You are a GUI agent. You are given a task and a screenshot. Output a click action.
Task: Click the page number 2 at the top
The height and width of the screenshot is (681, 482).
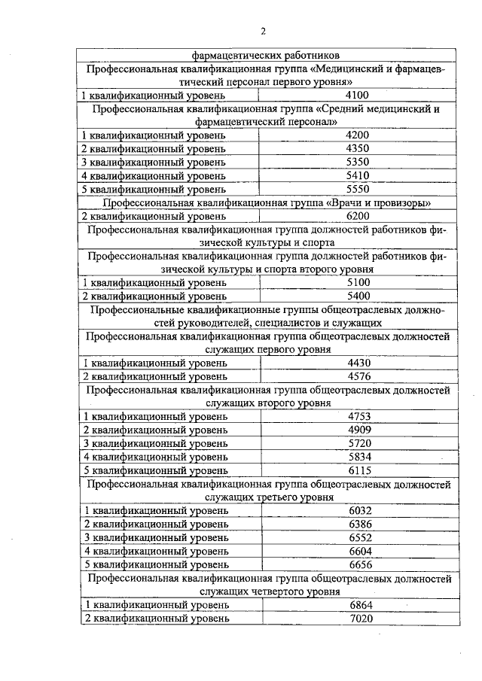point(264,31)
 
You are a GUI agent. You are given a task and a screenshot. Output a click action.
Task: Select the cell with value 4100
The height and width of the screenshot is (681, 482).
point(356,95)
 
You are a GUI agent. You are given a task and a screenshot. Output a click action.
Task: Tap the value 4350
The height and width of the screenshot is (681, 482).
point(356,148)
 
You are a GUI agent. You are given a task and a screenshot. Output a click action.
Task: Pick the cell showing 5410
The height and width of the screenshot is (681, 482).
point(356,175)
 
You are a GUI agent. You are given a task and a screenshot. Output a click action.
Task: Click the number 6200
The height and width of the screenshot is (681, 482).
point(356,216)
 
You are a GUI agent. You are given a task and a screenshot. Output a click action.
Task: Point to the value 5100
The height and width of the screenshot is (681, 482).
point(356,282)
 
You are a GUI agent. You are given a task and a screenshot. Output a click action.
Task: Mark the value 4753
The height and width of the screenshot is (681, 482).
point(361,416)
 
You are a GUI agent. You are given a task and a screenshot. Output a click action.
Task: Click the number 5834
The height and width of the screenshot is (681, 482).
point(361,456)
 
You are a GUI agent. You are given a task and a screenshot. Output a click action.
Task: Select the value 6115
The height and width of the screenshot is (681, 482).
point(361,470)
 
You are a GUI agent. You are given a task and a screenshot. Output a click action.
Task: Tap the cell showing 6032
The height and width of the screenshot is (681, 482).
point(362,510)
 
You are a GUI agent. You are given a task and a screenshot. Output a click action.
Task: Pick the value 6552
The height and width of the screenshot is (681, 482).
point(362,537)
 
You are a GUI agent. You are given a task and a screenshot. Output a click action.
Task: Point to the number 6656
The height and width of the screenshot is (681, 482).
point(362,564)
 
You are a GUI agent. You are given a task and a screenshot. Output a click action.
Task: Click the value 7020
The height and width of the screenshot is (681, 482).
point(362,618)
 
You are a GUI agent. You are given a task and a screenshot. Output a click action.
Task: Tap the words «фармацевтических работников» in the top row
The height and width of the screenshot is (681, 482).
point(266,55)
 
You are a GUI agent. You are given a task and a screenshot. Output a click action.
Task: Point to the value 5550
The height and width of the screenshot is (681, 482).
point(356,189)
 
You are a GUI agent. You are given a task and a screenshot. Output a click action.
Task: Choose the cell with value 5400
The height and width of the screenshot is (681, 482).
point(356,296)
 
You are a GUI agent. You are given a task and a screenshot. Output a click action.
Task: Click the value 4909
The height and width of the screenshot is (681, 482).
point(361,430)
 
